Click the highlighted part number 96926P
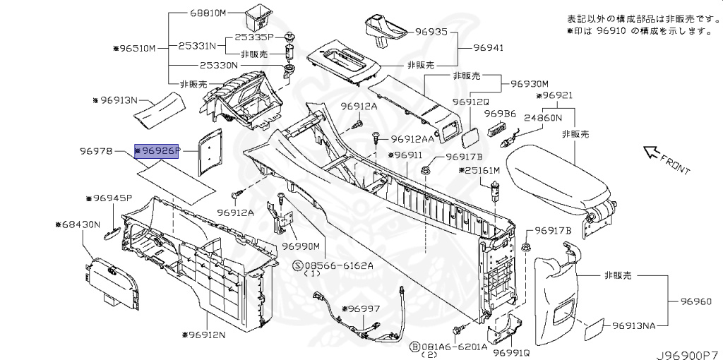coord(158,150)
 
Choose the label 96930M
coord(529,83)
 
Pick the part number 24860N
coord(543,119)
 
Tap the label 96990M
coord(302,246)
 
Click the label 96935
coord(431,32)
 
